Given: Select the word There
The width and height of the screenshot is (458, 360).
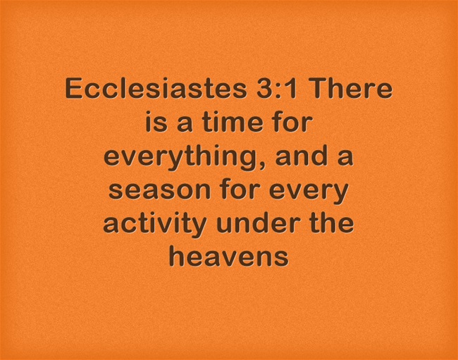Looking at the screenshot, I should click(x=352, y=90).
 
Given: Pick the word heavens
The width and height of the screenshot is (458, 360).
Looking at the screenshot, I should click(x=229, y=256).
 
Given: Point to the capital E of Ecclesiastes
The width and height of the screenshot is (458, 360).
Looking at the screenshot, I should click(x=74, y=90).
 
